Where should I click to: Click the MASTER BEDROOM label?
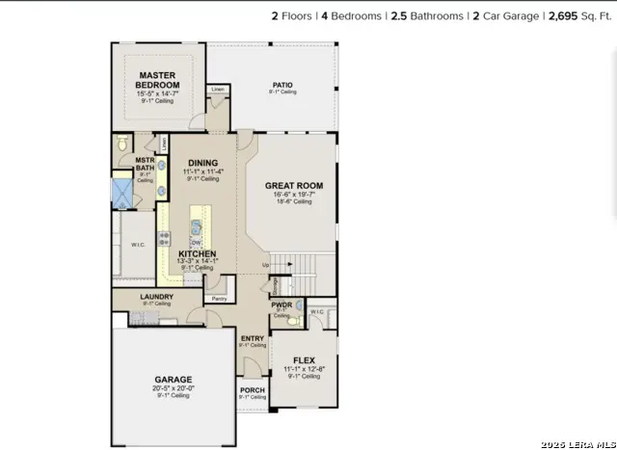tap(162, 80)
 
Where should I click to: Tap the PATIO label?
tap(282, 85)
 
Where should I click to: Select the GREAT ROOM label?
tap(293, 185)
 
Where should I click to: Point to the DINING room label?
tap(202, 163)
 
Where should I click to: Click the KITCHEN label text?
tap(197, 253)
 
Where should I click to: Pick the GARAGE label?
tap(173, 379)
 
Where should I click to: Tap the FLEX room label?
tap(303, 359)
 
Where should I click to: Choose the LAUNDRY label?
tap(156, 297)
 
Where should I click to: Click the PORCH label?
tap(252, 390)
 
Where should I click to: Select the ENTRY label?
tap(252, 338)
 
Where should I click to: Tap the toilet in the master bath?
tap(121, 143)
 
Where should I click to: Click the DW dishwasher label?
tap(196, 242)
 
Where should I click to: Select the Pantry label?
tap(219, 299)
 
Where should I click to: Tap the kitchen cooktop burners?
tap(164, 235)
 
